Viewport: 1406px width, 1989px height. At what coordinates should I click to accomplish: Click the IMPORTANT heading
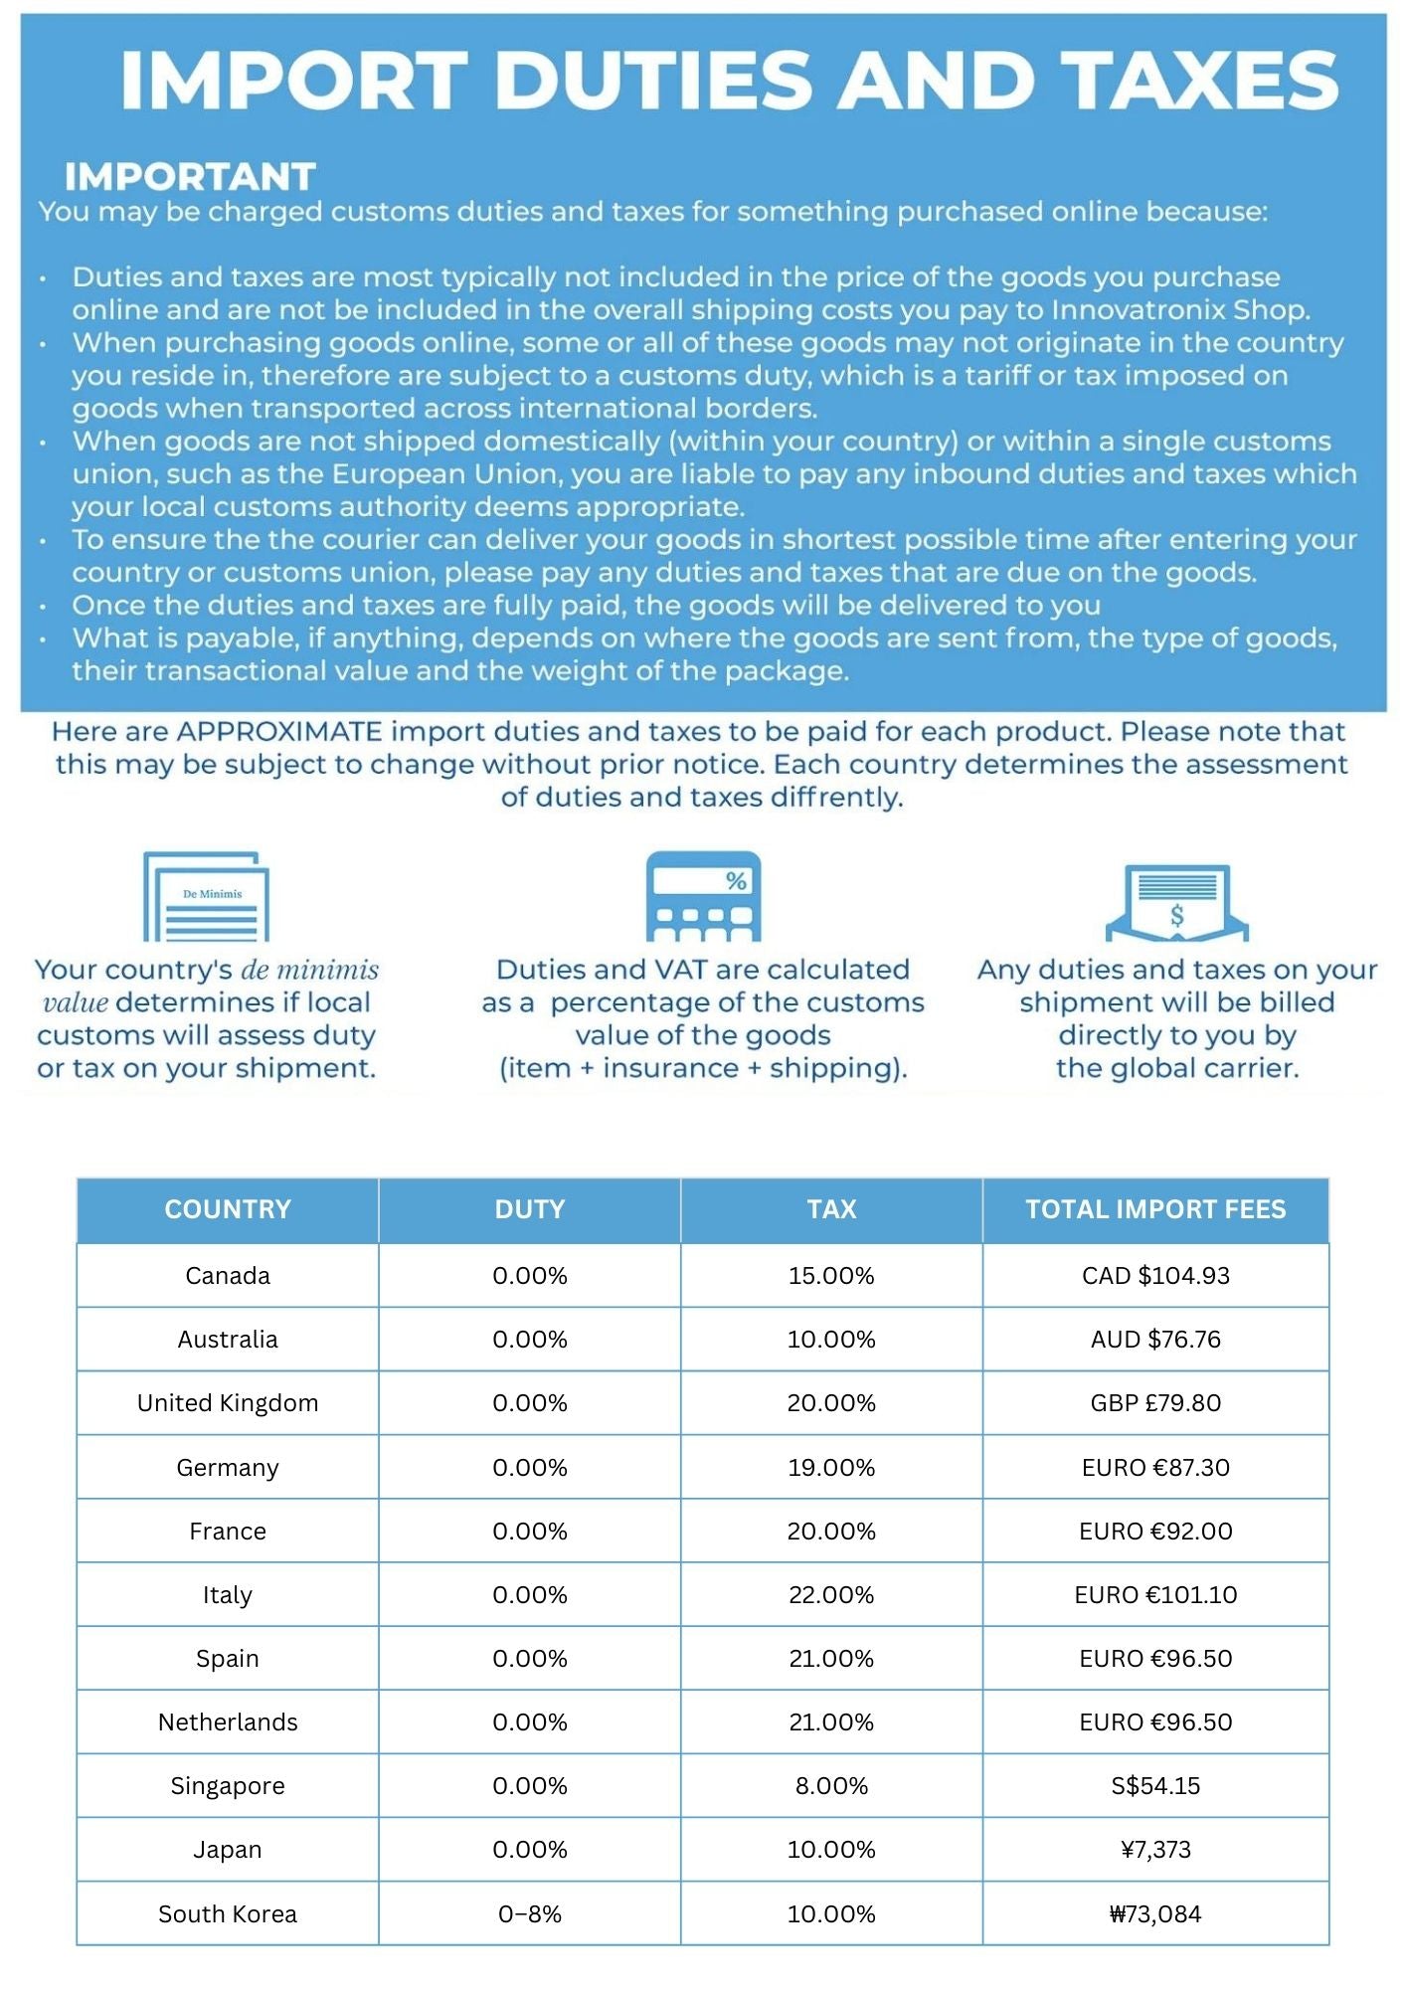click(x=190, y=177)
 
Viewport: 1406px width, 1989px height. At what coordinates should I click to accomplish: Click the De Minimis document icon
click(x=206, y=895)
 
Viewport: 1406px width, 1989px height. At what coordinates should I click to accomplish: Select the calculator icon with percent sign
click(x=703, y=895)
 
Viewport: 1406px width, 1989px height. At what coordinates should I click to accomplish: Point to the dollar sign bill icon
click(x=1177, y=902)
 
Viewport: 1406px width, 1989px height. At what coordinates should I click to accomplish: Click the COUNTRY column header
click(x=228, y=1209)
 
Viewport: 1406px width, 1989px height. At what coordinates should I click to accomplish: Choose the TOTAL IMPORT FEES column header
click(x=1155, y=1209)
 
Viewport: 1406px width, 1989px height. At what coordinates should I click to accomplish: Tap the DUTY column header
click(x=530, y=1209)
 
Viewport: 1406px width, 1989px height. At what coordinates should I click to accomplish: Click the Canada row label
click(x=228, y=1275)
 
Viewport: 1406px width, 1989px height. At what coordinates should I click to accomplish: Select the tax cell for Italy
click(x=831, y=1594)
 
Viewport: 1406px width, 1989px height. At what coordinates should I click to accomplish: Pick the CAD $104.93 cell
click(x=1155, y=1275)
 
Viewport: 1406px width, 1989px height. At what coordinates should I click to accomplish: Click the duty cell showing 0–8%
click(x=530, y=1913)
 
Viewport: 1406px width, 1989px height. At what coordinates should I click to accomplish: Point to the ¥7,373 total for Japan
click(x=1155, y=1850)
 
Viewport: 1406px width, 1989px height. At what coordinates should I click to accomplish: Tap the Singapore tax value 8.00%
click(x=831, y=1786)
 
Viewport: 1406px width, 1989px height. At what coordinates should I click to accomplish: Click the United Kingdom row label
click(x=228, y=1403)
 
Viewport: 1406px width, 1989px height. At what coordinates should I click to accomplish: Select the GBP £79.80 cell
click(x=1155, y=1403)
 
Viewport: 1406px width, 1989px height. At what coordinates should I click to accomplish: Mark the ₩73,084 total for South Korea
click(x=1155, y=1913)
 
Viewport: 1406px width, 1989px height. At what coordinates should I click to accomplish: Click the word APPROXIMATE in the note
click(x=279, y=732)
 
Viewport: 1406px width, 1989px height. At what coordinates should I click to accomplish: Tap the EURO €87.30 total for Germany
click(x=1155, y=1467)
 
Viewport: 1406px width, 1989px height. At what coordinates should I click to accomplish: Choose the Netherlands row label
click(x=228, y=1722)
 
